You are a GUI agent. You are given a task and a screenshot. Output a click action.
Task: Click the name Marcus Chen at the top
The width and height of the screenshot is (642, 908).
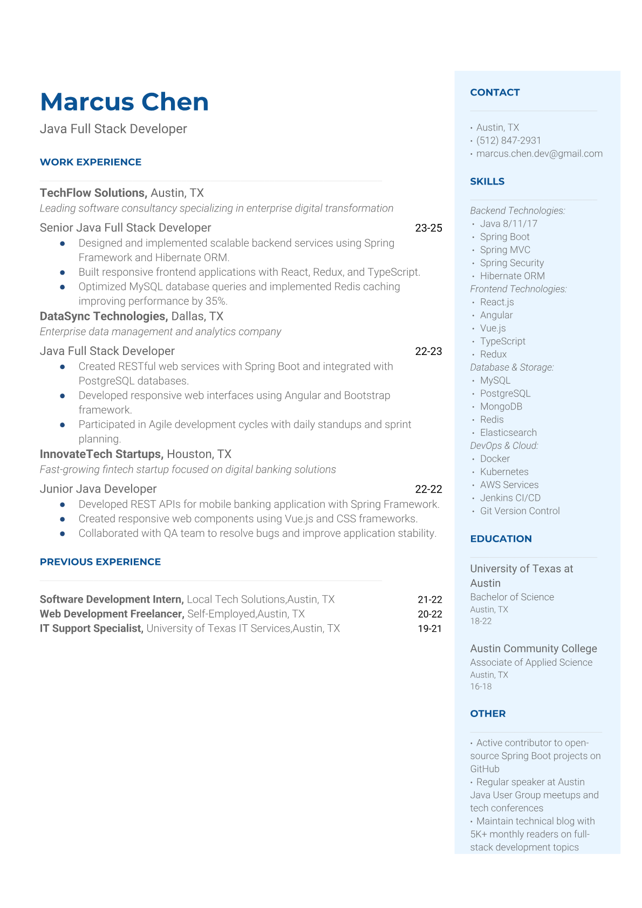(124, 102)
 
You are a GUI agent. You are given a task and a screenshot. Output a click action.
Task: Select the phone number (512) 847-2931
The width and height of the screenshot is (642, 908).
(508, 140)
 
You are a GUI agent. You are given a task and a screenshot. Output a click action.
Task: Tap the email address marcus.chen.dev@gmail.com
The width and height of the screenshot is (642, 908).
(539, 154)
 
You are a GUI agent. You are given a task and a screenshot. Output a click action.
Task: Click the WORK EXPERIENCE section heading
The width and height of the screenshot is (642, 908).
(91, 162)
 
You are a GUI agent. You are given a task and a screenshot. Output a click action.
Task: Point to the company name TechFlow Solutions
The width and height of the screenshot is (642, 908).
(93, 193)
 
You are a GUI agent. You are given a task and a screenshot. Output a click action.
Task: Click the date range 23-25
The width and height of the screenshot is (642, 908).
(428, 228)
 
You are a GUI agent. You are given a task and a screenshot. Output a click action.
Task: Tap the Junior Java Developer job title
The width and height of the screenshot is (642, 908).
(98, 489)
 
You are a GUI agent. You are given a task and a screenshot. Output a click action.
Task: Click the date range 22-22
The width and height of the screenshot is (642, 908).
(428, 489)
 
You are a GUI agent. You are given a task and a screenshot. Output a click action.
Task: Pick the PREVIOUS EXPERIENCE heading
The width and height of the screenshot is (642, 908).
(100, 562)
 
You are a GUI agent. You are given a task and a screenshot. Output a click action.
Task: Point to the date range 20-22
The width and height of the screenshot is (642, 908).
(429, 614)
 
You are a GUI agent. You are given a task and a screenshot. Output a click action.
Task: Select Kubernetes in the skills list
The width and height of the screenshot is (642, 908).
(504, 472)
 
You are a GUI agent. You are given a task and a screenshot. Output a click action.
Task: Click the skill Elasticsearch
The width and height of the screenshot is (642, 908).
(508, 433)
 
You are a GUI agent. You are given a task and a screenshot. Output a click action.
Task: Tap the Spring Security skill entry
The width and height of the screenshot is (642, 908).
(511, 263)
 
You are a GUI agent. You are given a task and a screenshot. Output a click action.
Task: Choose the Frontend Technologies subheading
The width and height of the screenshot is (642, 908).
(518, 289)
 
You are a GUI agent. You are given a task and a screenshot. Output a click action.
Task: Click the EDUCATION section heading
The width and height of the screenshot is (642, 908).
(501, 539)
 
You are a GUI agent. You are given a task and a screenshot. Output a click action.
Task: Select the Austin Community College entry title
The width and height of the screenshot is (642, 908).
(533, 648)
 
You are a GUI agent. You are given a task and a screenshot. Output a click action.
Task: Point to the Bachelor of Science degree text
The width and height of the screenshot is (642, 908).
(511, 597)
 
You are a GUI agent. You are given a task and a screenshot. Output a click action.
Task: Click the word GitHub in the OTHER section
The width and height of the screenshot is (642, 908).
(484, 769)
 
